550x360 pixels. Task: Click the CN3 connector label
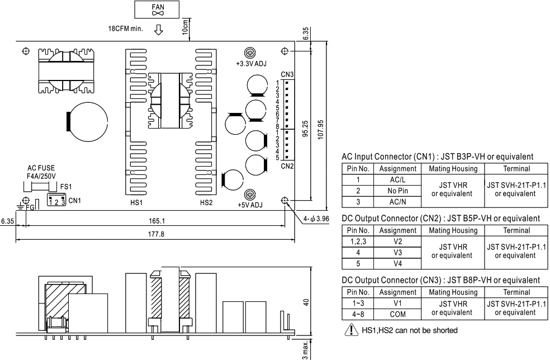click(x=287, y=75)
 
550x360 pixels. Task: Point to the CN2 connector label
click(x=287, y=165)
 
